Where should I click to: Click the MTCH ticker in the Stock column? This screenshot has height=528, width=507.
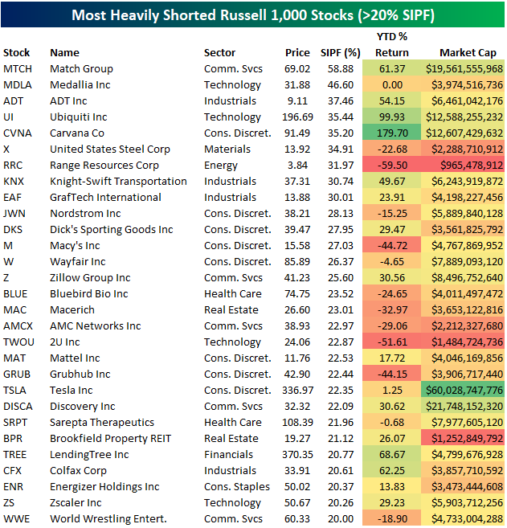coord(18,68)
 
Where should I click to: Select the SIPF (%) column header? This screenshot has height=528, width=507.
coord(341,53)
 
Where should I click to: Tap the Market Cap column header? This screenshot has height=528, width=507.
coord(468,53)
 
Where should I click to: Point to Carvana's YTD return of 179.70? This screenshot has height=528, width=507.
coord(392,133)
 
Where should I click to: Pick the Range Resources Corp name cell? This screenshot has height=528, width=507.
coord(104,166)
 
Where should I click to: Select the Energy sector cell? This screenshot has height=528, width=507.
coord(221,166)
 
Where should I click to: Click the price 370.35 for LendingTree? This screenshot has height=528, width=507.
coord(297,455)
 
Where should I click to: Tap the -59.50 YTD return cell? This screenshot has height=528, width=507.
coord(392,166)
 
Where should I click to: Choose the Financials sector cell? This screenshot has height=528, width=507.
coord(228,455)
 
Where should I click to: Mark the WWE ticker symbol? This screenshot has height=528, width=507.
coord(17,519)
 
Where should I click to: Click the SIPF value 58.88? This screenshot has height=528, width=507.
coord(341,68)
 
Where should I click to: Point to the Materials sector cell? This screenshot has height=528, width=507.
coord(227,149)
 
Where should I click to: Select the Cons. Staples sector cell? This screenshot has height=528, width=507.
coord(237,487)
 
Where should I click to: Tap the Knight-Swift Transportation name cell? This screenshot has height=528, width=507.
coord(118,182)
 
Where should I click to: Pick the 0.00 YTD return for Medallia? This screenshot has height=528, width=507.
coord(392,85)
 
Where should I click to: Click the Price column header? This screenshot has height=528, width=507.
coord(297,53)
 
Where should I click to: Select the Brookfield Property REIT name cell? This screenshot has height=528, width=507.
coord(110,439)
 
